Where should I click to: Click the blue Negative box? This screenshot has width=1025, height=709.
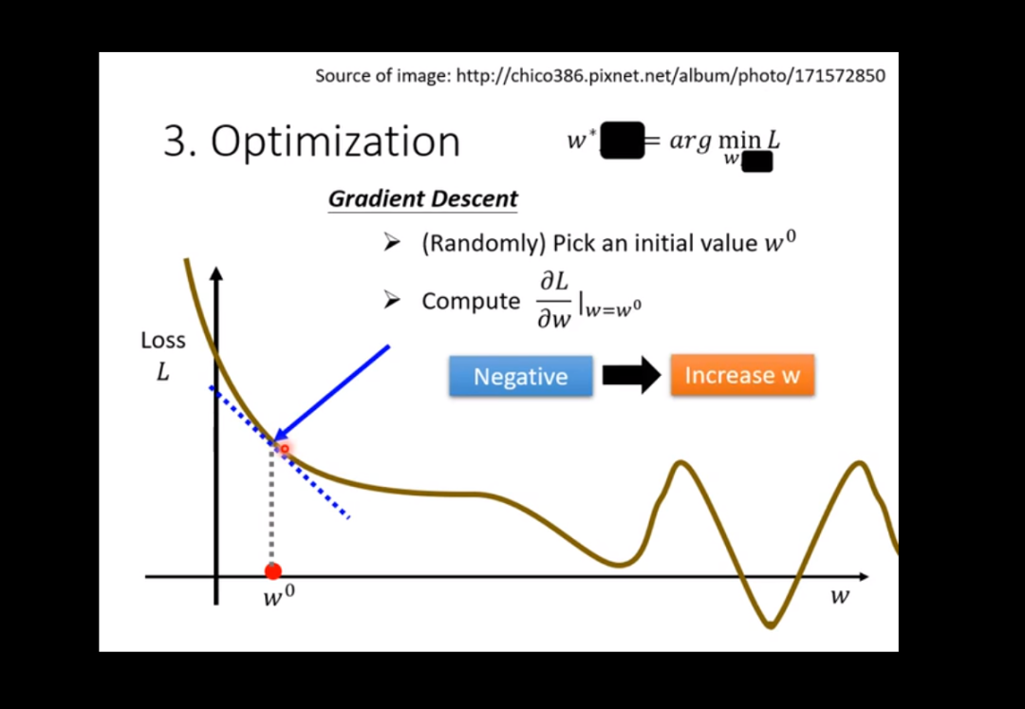pos(520,376)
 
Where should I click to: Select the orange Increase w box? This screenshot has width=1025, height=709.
pos(742,374)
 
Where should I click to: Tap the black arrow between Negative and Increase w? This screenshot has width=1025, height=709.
pos(631,375)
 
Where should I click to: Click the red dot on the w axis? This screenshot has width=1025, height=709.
pos(272,571)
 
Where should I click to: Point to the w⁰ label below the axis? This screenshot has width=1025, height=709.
pos(279,596)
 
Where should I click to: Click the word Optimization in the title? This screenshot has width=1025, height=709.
pos(335,141)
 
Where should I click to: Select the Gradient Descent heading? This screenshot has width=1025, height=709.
pos(423,198)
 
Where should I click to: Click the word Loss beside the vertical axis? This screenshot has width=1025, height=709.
pos(163,340)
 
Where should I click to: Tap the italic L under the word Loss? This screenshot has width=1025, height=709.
pos(163,372)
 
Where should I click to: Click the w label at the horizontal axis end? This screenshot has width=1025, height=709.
pos(840,596)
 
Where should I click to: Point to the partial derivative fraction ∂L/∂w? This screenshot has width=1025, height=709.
pos(554,301)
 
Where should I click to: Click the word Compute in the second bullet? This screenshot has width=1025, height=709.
pos(471,301)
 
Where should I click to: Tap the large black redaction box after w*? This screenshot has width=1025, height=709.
pos(623,140)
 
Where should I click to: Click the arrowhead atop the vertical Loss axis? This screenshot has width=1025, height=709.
pos(216,273)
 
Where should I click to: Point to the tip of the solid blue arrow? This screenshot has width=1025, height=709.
pos(273,442)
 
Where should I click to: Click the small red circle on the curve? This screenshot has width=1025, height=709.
pos(285,449)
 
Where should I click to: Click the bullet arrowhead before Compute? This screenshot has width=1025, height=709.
pos(392,300)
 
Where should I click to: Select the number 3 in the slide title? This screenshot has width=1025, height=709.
pos(176,141)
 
